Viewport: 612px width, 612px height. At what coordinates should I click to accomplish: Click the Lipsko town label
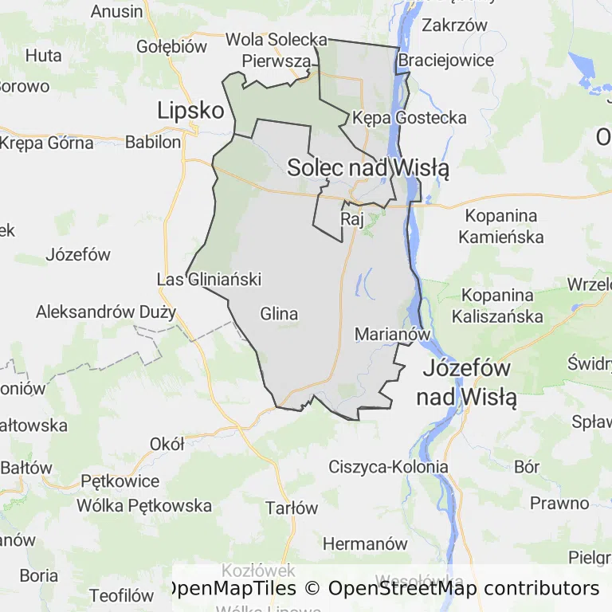[x=190, y=110]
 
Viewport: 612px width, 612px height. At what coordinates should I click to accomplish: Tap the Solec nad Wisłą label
[x=368, y=168]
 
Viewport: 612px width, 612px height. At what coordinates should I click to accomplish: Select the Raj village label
[x=351, y=218]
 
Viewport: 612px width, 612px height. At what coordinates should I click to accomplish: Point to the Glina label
[x=279, y=314]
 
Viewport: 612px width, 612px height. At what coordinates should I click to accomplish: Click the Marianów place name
[x=393, y=335]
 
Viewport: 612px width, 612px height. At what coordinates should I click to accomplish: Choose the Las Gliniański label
[x=209, y=280]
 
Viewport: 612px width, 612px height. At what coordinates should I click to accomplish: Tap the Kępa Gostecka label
[x=410, y=118]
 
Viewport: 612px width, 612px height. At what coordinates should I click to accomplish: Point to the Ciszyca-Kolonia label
[x=389, y=467]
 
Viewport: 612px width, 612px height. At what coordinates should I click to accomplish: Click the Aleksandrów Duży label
[x=105, y=312]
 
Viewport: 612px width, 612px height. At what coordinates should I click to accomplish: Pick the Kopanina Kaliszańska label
[x=497, y=305]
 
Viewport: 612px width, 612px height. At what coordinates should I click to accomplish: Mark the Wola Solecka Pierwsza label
[x=277, y=49]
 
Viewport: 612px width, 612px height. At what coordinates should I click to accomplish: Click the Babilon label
[x=153, y=143]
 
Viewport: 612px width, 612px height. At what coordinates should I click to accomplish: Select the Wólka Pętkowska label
[x=144, y=505]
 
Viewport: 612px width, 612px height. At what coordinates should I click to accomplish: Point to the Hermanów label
[x=365, y=544]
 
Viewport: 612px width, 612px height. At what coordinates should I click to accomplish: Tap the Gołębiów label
[x=171, y=46]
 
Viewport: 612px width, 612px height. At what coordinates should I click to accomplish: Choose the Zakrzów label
[x=454, y=25]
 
